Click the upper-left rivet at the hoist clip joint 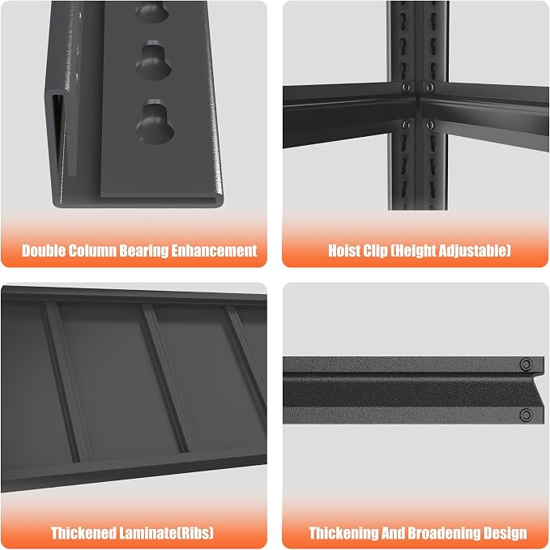pyautogui.click(x=406, y=87)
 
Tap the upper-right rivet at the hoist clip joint pyautogui.click(x=430, y=87)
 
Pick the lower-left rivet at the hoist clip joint pyautogui.click(x=406, y=125)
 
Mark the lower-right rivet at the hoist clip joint pyautogui.click(x=430, y=125)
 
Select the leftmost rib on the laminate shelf pyautogui.click(x=62, y=382)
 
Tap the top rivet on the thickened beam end pyautogui.click(x=526, y=364)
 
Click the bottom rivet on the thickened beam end pyautogui.click(x=526, y=416)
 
